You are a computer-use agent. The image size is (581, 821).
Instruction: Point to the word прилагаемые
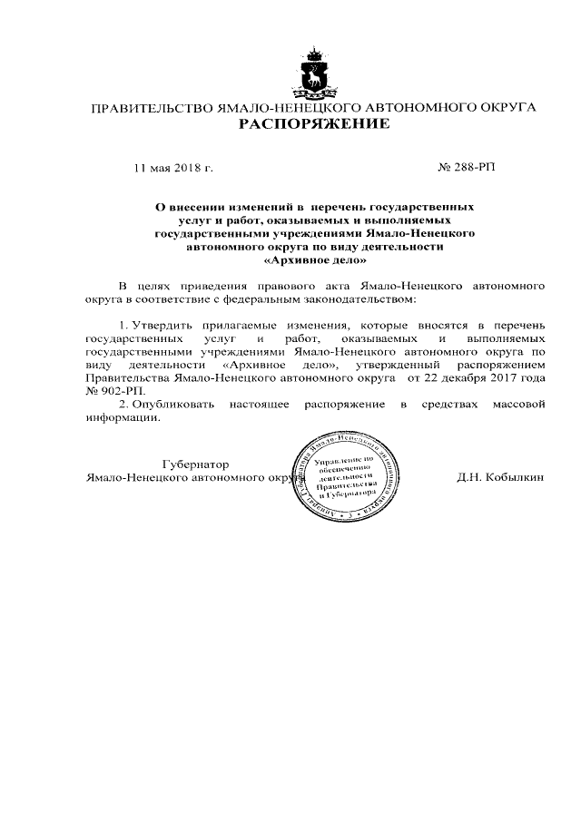pos(238,324)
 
